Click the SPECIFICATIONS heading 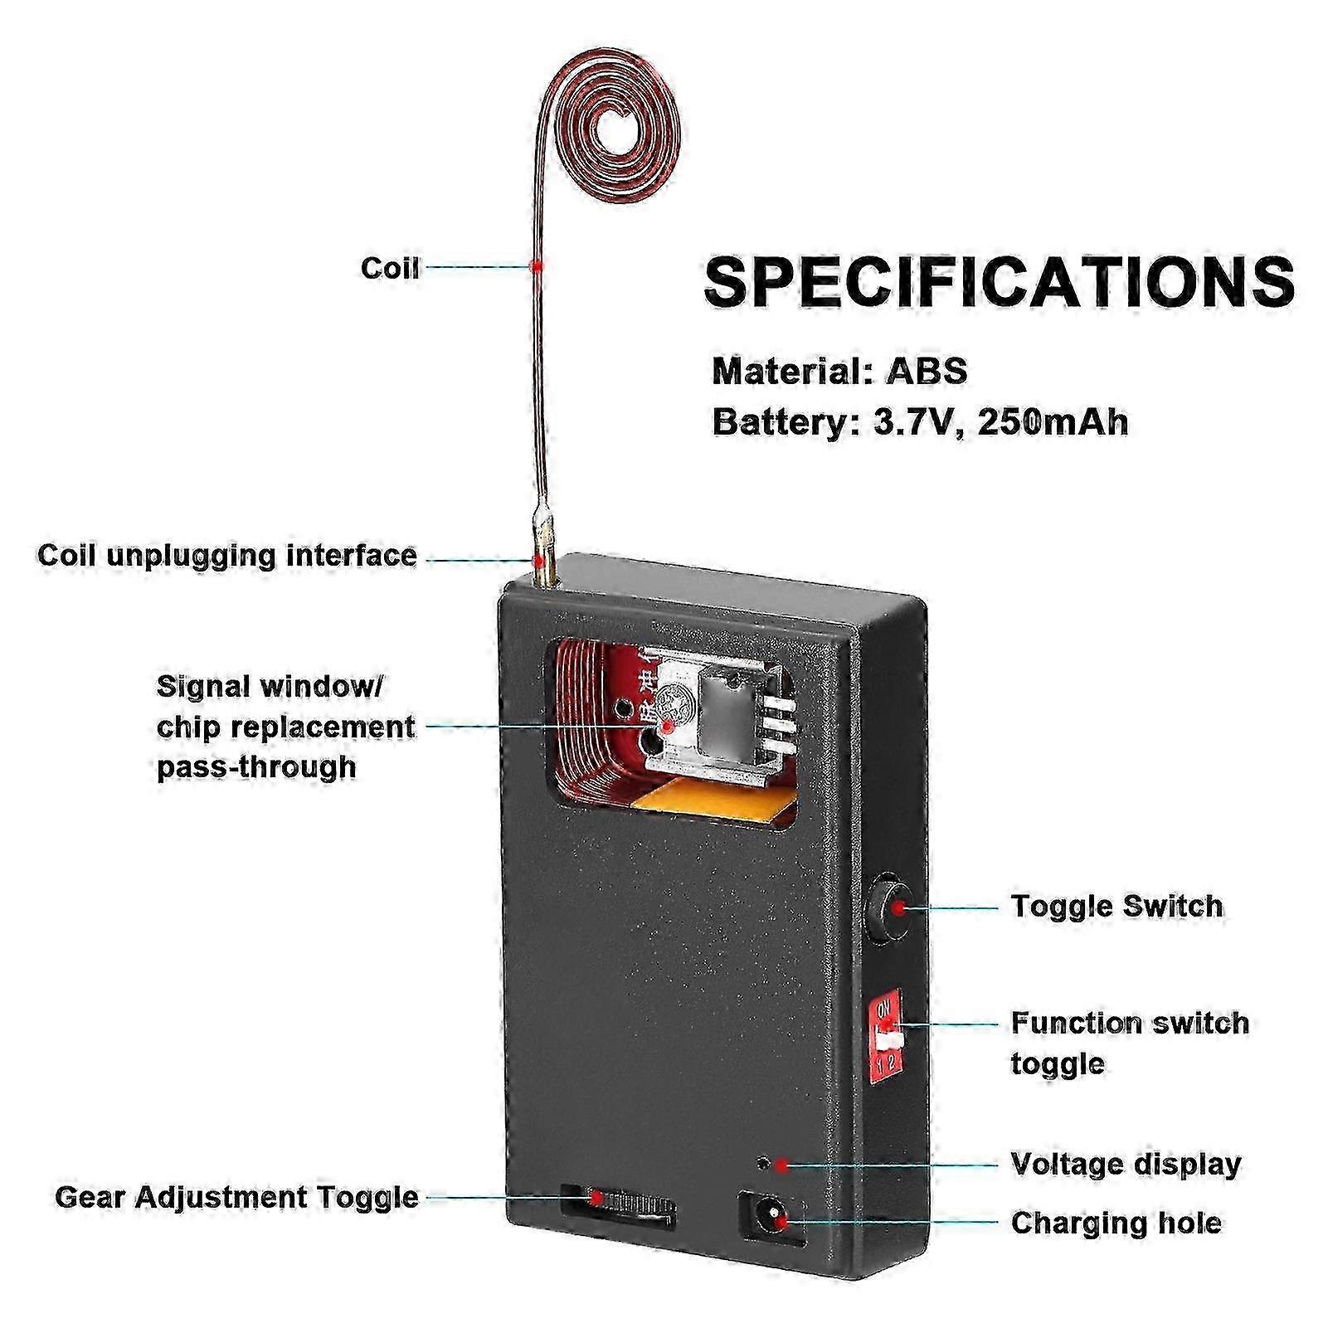coord(999,282)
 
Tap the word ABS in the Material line coord(927,371)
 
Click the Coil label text coord(390,268)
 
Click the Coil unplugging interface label coord(227,555)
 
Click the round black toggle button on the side coord(888,908)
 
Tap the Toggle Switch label coord(1116,906)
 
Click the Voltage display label coord(1126,1164)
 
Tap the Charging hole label coord(1116,1223)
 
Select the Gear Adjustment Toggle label coord(236,1197)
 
